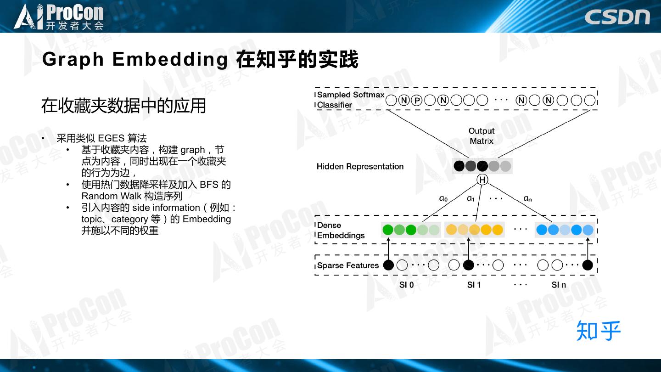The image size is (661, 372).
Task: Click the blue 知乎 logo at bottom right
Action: tap(598, 331)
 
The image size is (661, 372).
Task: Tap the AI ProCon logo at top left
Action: tap(59, 17)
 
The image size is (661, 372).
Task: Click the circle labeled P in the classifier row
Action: tap(417, 101)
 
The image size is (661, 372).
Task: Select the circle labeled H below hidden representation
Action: tap(482, 180)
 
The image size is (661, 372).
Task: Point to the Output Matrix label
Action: tap(481, 136)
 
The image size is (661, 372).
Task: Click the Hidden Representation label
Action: tap(360, 166)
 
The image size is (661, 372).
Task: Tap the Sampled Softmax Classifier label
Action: tap(350, 100)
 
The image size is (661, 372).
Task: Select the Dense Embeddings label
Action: tap(341, 230)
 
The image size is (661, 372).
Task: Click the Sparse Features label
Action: tap(347, 265)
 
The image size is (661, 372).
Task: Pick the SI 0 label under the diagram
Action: tap(406, 285)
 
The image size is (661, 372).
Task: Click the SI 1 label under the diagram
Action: tap(474, 285)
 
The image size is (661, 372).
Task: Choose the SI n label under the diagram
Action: tap(559, 285)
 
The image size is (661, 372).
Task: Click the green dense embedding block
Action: tap(411, 230)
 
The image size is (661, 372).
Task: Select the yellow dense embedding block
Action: tap(475, 230)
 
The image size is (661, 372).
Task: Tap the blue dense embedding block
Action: tap(565, 230)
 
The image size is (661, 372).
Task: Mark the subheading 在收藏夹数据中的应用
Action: tap(123, 106)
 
